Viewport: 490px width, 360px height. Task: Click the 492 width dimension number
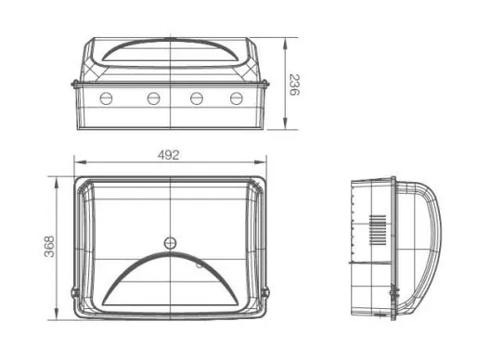(x=169, y=155)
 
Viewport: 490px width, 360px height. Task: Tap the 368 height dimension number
(x=49, y=247)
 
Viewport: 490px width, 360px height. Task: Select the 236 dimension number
(x=294, y=84)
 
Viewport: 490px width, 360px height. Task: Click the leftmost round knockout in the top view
(x=106, y=98)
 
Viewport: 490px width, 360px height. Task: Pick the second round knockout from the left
(x=153, y=98)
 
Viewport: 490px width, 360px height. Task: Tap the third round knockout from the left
(x=197, y=98)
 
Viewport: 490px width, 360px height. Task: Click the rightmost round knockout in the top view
(x=237, y=98)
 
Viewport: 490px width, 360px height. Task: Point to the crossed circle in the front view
(x=170, y=243)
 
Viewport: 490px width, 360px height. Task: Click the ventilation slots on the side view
(x=378, y=230)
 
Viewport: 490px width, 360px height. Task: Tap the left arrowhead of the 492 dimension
(x=80, y=161)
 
